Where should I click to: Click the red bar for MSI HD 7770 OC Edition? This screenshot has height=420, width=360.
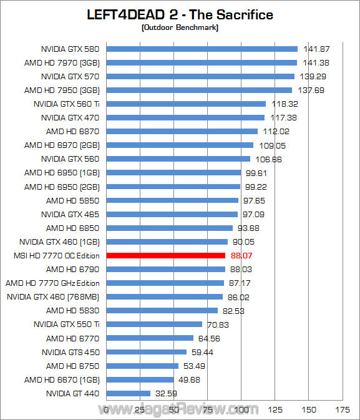(166, 255)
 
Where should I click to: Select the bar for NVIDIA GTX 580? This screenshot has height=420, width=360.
(202, 49)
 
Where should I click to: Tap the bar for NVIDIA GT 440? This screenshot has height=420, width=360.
(129, 393)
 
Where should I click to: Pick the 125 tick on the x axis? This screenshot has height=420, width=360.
(275, 409)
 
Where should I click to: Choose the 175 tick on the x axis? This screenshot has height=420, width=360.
(343, 409)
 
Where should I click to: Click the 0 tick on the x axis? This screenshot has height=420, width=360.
(107, 409)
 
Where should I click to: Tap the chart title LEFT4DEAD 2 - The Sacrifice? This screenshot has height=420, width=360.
(180, 14)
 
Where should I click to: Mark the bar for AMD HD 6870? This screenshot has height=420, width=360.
(182, 131)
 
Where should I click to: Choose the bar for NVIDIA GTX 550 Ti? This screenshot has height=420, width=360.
(155, 325)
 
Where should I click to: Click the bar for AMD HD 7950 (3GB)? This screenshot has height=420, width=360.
(200, 90)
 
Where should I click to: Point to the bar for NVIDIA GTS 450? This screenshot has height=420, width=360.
(147, 352)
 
